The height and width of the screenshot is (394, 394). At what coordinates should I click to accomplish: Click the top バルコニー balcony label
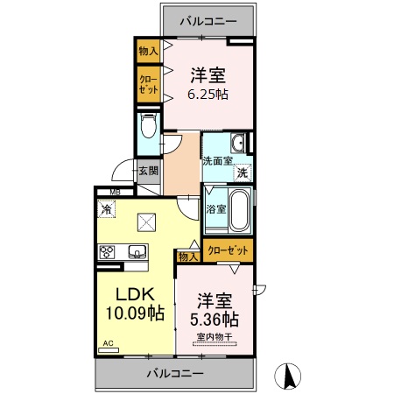point(209,18)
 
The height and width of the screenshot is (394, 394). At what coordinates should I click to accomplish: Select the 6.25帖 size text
point(209,94)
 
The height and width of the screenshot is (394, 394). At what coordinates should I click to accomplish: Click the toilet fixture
point(148,130)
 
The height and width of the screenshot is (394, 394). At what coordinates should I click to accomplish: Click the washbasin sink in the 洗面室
point(237,144)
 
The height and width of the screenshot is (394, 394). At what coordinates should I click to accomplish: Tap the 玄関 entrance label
point(147,171)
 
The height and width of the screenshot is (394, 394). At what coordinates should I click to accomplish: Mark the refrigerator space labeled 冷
point(106,209)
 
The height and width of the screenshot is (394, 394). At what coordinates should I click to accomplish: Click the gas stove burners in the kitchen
point(108,252)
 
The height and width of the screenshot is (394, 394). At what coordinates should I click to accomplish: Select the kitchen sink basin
point(137,252)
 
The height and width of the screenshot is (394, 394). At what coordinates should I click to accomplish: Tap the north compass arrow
point(286,376)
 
